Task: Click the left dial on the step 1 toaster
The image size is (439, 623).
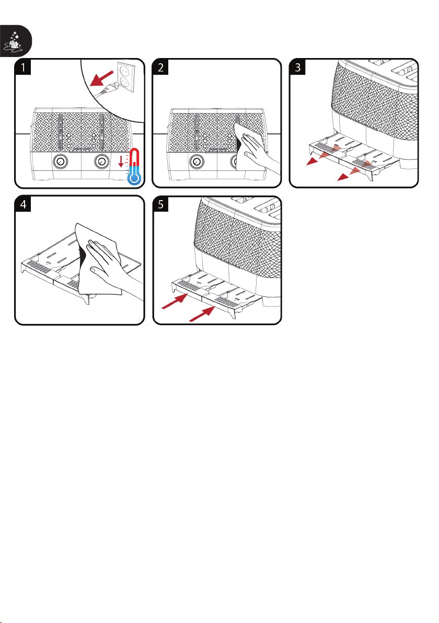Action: [60, 162]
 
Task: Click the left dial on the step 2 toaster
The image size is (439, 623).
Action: [197, 162]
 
